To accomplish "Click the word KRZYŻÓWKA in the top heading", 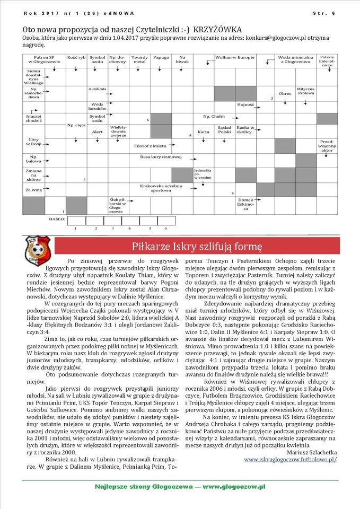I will (218, 30).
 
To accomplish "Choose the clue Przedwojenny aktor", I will (327, 145).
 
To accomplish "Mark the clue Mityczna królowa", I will (306, 91).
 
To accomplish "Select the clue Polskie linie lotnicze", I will (327, 60).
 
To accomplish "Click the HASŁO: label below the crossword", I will (57, 218).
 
